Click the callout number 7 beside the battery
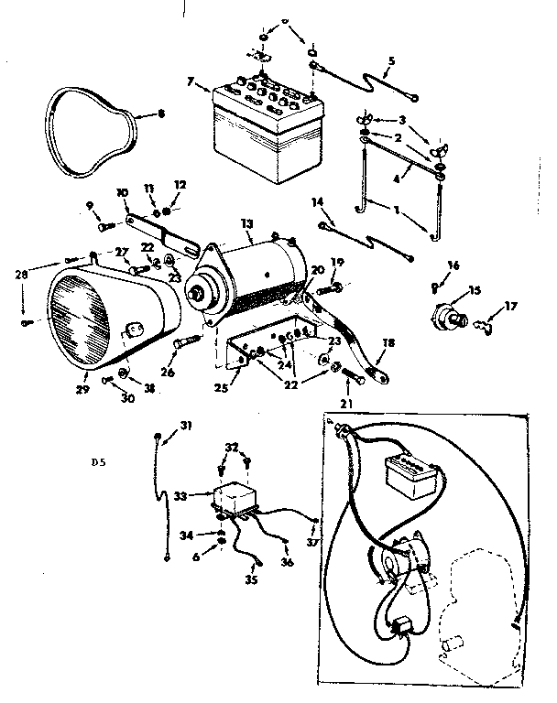(191, 81)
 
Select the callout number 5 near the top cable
(391, 61)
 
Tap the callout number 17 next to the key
(511, 307)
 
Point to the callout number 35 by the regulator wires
(250, 579)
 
